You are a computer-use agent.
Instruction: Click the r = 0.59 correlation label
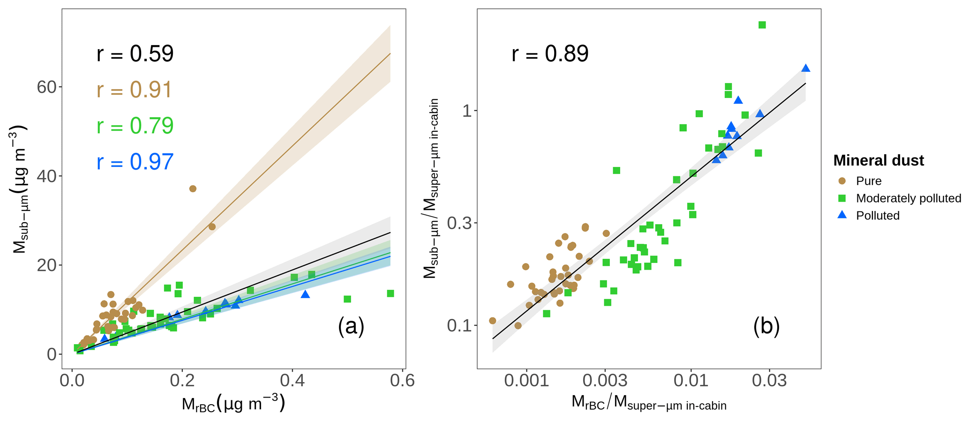[135, 54]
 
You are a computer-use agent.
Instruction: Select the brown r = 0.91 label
[135, 90]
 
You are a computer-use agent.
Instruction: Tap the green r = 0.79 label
[135, 126]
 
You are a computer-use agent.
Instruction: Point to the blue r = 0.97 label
[135, 162]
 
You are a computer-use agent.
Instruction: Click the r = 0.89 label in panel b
[550, 54]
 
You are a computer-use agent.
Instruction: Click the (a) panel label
[351, 326]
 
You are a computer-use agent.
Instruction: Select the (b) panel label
[766, 326]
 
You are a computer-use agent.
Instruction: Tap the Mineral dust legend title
[879, 161]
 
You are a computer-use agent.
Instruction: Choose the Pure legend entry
[868, 181]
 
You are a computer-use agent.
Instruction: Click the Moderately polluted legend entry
[908, 198]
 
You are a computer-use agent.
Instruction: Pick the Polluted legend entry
[878, 216]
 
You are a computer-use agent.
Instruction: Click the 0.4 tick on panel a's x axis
[292, 380]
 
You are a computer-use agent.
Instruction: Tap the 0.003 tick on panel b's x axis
[605, 380]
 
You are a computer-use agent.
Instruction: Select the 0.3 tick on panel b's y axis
[459, 223]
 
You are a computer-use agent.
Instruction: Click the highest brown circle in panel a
[193, 188]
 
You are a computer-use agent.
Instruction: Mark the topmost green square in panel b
[762, 25]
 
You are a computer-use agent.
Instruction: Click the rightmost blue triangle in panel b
[806, 68]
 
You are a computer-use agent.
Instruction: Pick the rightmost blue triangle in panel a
[305, 294]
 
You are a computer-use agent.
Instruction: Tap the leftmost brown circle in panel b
[492, 321]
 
